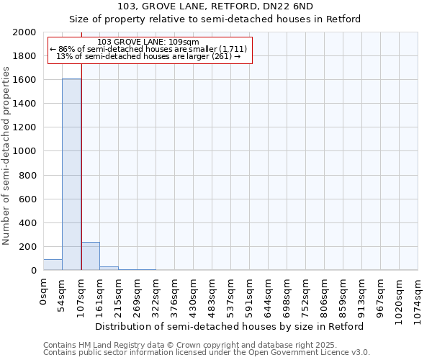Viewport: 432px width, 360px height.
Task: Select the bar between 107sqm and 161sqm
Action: [x=90, y=256]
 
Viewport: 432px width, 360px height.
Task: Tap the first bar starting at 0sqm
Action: [x=53, y=265]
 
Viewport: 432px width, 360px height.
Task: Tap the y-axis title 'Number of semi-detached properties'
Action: [x=6, y=156]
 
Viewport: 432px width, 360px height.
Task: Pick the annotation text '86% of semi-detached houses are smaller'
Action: [x=148, y=49]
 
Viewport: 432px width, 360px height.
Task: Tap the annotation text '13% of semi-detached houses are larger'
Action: [x=148, y=56]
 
